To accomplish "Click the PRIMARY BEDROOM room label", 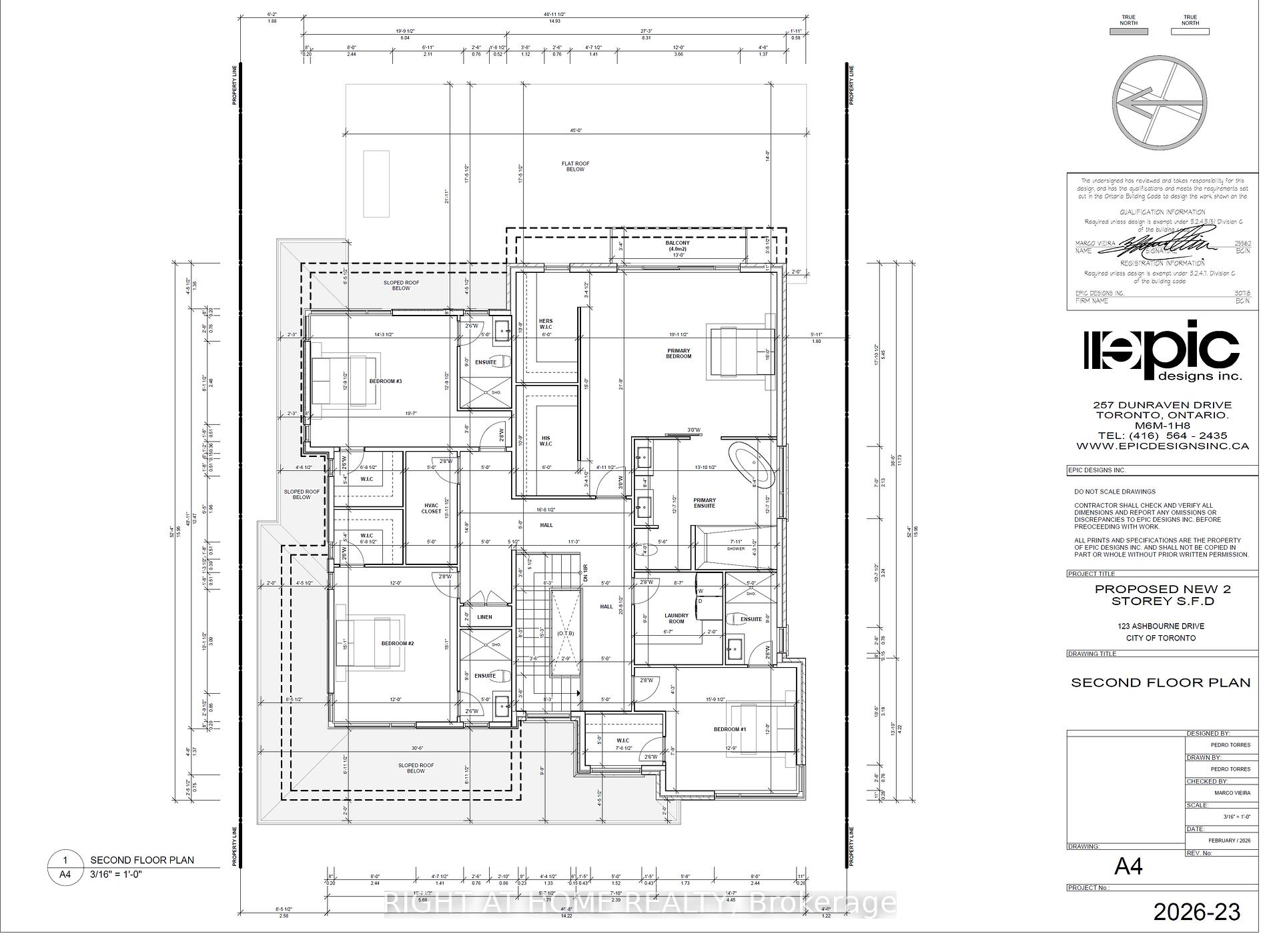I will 678,354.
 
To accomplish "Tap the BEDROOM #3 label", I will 385,382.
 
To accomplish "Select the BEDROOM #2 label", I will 398,644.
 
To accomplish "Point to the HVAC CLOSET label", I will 432,508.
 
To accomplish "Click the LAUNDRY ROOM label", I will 677,618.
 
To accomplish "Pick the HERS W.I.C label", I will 546,324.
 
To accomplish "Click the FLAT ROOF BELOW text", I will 575,166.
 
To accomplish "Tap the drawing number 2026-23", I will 1197,912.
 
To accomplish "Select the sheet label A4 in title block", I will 1129,867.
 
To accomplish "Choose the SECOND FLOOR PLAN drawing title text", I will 1160,682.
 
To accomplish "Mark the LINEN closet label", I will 484,617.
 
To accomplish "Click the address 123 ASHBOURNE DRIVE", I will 1161,626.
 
